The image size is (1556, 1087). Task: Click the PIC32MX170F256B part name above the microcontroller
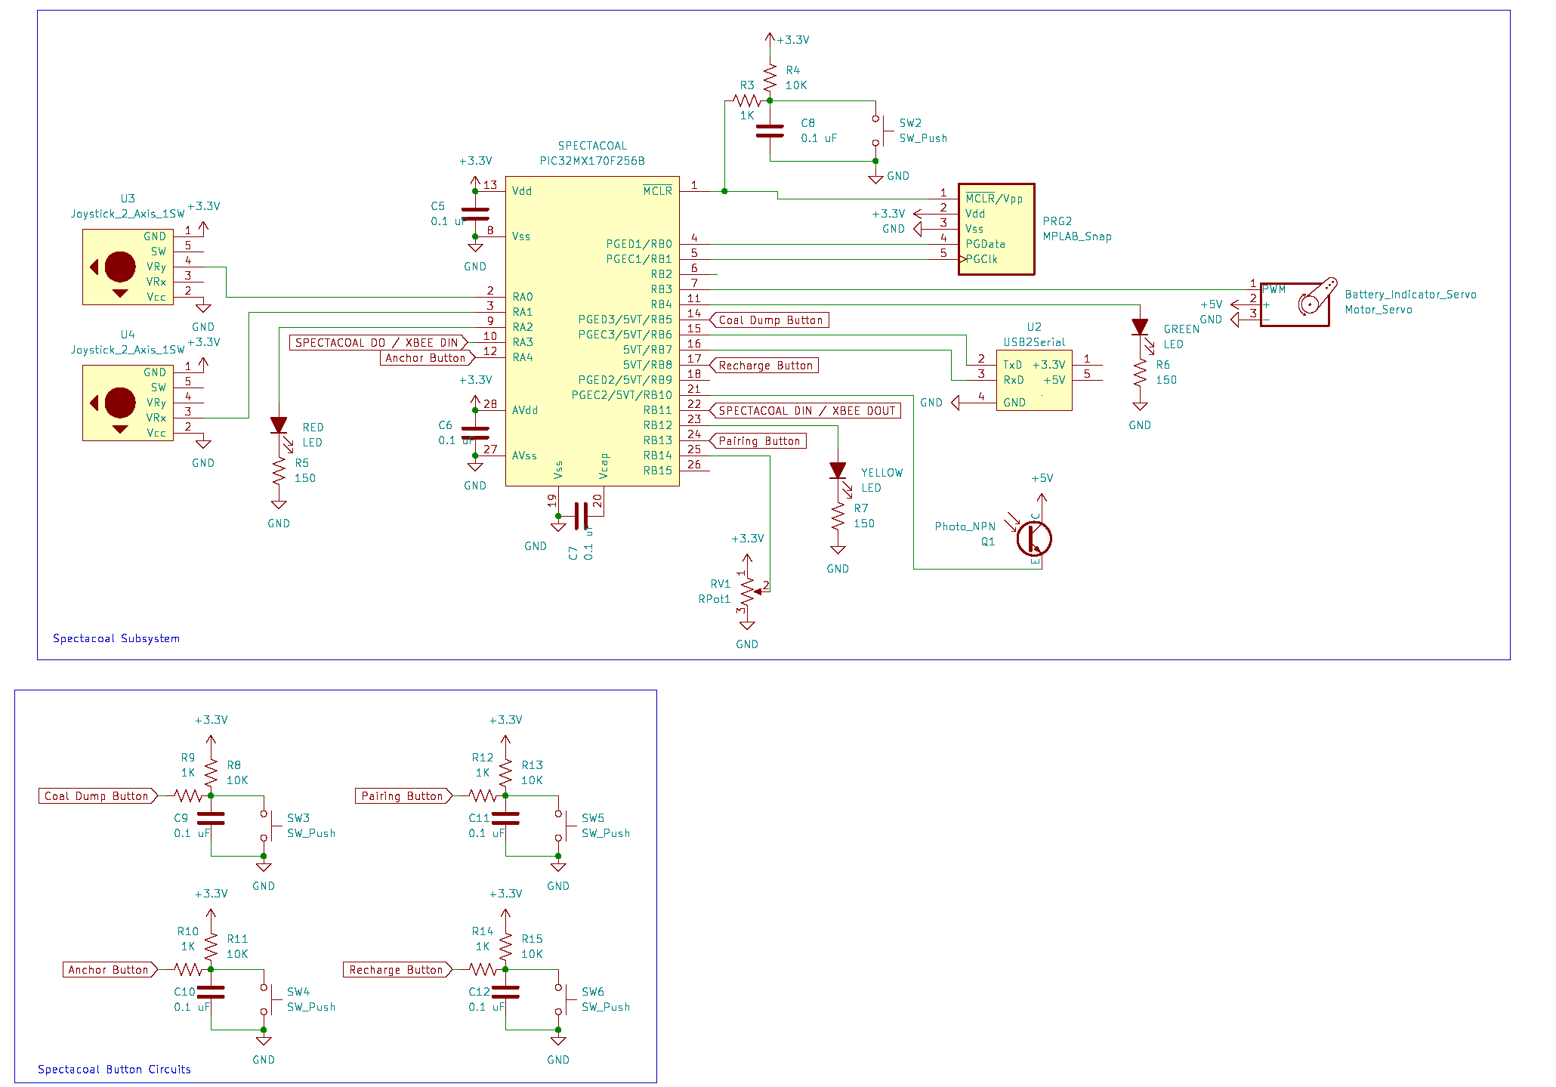tap(591, 161)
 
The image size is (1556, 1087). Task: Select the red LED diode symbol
tap(279, 425)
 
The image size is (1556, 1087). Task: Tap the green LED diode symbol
tap(1140, 327)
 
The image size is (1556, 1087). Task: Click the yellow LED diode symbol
tap(838, 471)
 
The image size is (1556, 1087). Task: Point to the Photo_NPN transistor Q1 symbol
tap(1033, 539)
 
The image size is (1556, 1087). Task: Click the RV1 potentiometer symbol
tap(747, 591)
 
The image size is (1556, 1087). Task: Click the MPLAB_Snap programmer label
tap(1076, 236)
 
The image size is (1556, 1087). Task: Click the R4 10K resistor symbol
tap(770, 78)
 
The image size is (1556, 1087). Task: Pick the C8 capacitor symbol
tap(770, 131)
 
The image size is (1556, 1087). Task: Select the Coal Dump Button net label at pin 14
tap(770, 320)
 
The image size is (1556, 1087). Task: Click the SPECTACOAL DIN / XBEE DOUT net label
tap(806, 411)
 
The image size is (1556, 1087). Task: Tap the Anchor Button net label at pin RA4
tap(427, 358)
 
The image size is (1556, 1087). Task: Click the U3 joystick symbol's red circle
tap(120, 267)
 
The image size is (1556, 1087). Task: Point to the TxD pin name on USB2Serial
tap(1012, 365)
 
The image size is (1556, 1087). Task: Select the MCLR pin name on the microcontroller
tap(657, 191)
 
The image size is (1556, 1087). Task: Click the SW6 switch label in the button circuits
tap(592, 992)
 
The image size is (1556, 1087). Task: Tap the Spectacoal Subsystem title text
tap(116, 638)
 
